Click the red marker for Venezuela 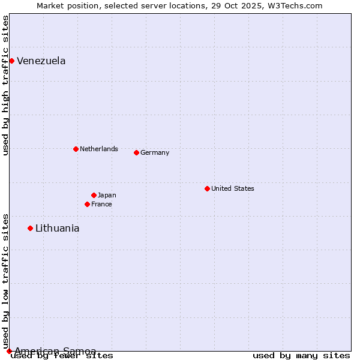coord(11,61)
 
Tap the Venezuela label coord(41,61)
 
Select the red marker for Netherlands coord(76,149)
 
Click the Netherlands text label coord(99,149)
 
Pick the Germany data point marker coord(136,152)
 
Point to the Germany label coord(155,152)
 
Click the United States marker coord(207,188)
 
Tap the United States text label coord(233,188)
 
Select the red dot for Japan coord(94,195)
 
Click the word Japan coord(107,195)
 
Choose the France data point coord(87,204)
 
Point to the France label coord(101,204)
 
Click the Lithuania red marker coord(30,228)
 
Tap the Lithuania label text coord(58,228)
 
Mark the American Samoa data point coord(9,351)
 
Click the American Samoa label coord(55,351)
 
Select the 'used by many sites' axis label coord(301,356)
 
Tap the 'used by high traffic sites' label coord(5,85)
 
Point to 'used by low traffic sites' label coord(5,281)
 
